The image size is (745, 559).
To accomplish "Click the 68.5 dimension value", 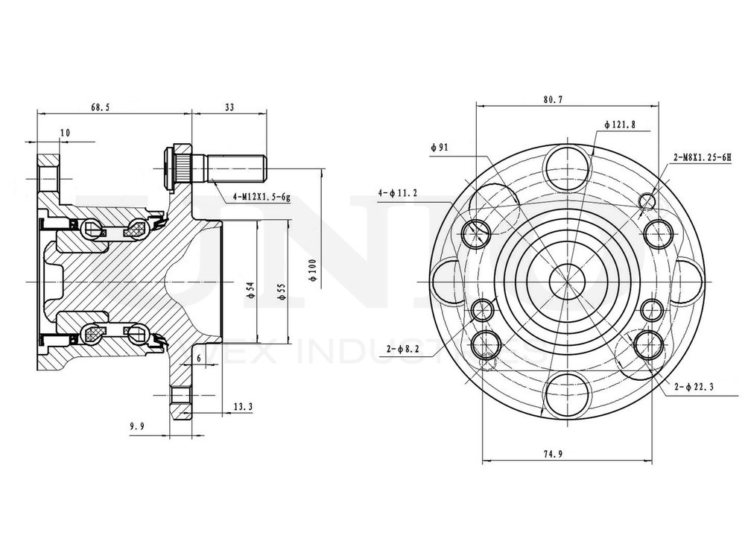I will [x=101, y=107].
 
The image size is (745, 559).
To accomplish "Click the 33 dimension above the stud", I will [x=229, y=107].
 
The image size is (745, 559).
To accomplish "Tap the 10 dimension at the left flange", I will [x=65, y=133].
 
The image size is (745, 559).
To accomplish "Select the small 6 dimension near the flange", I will [x=199, y=358].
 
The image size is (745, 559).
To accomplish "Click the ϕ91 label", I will [x=439, y=147].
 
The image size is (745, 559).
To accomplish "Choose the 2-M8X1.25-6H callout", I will [x=702, y=157].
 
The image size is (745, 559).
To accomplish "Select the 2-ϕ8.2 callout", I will [x=405, y=348].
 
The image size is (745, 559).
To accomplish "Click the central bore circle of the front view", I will [x=566, y=280].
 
